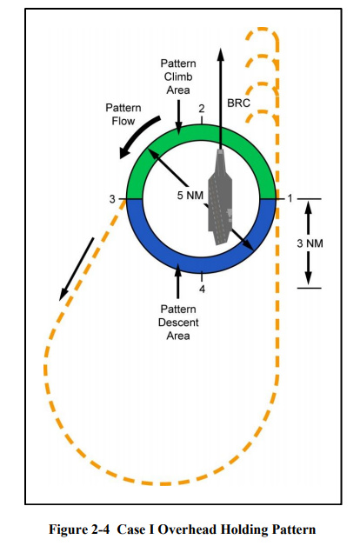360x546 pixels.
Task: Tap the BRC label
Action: point(238,103)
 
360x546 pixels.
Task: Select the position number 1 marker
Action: point(290,198)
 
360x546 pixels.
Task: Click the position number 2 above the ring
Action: point(202,109)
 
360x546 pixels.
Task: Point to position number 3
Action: point(112,199)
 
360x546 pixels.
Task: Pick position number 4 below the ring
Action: point(203,289)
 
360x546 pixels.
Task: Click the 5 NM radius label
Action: point(190,196)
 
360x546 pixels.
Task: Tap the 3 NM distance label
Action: point(310,243)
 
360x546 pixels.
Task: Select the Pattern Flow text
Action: point(123,115)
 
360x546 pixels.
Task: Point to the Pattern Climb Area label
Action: point(178,77)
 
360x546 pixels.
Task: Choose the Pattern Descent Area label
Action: point(178,323)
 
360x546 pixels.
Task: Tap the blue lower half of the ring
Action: point(201,265)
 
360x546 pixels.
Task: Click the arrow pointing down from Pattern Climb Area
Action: point(178,117)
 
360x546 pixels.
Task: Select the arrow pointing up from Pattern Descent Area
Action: point(178,282)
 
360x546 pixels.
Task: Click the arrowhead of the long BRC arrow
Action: point(220,54)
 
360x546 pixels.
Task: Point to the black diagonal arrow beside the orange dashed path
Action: point(77,269)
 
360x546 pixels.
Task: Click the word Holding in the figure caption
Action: point(245,529)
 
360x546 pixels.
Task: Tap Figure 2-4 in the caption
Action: point(79,529)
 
